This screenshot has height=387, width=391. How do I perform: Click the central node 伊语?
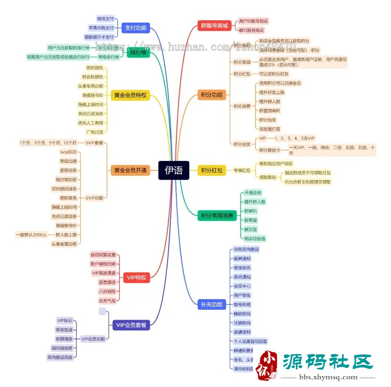click(x=173, y=171)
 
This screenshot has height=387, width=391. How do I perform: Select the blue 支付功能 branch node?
click(x=136, y=28)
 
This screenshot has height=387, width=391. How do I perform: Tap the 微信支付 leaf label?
click(x=105, y=19)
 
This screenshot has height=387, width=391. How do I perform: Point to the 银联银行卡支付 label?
click(x=99, y=37)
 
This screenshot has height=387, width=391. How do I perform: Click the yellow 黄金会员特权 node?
click(x=130, y=95)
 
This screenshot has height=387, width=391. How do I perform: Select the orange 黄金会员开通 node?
click(x=130, y=171)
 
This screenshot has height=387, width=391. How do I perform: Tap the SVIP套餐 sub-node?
click(x=94, y=143)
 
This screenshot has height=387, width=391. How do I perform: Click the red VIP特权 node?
click(x=136, y=278)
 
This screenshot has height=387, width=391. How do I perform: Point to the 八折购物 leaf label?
click(x=107, y=291)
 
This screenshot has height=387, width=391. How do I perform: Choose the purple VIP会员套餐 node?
click(x=131, y=325)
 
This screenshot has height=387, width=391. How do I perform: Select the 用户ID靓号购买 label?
click(x=253, y=21)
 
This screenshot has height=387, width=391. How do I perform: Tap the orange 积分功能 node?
click(x=212, y=95)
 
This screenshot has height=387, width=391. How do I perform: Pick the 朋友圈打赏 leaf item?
click(x=270, y=129)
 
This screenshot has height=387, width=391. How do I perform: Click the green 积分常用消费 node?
click(x=216, y=215)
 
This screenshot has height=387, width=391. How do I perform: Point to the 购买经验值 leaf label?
click(x=255, y=238)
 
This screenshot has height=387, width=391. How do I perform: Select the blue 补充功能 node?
click(x=212, y=305)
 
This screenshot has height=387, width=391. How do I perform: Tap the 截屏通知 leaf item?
click(x=242, y=259)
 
